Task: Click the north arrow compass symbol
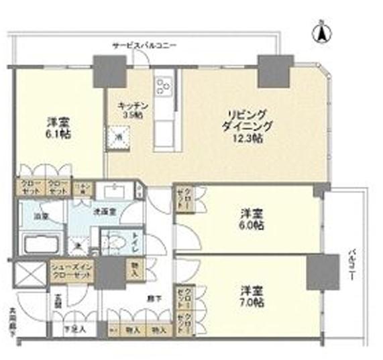click(322, 31)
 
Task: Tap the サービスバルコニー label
click(144, 46)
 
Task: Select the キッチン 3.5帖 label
click(131, 110)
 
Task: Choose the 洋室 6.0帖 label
click(252, 220)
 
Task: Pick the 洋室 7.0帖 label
click(252, 296)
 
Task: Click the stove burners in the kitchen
click(164, 85)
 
